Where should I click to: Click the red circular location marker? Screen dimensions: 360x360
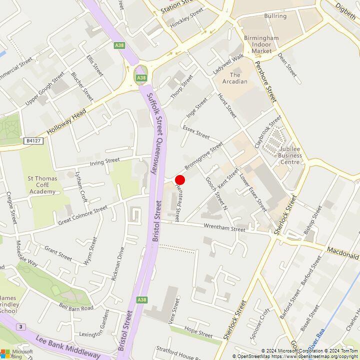click(180, 180)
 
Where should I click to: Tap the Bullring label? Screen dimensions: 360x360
click(275, 16)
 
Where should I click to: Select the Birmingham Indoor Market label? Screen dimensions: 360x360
click(261, 44)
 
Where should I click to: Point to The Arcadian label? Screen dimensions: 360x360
click(235, 78)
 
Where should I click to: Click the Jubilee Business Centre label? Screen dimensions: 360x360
click(283, 155)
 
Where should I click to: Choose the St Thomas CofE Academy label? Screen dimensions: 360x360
click(42, 184)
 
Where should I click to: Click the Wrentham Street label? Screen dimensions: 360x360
click(224, 228)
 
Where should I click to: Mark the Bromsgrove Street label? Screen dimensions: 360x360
click(203, 155)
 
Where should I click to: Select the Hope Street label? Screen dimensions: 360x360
click(198, 332)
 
